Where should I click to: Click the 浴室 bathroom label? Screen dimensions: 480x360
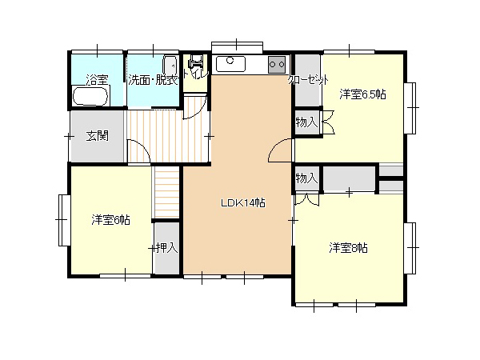tap(97, 80)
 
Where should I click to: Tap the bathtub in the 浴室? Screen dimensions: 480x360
tap(90, 96)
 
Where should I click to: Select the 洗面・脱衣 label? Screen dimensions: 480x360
tap(153, 80)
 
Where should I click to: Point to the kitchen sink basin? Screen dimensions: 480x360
tap(230, 64)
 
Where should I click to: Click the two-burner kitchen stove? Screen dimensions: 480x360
tap(277, 65)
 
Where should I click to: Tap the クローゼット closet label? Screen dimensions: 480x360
tap(308, 80)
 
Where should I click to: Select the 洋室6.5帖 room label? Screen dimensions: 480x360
tap(362, 94)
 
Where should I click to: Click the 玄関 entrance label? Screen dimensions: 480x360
tap(97, 136)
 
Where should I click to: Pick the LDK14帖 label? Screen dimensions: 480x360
tap(242, 203)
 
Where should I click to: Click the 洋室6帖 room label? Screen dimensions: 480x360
tap(110, 220)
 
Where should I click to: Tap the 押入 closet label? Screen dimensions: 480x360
tap(167, 248)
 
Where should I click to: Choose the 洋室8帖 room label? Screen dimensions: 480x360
tap(348, 248)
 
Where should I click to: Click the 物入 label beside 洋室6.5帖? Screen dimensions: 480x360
tap(306, 122)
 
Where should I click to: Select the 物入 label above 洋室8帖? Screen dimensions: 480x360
tap(306, 178)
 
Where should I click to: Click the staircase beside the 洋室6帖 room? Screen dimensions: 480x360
tap(166, 193)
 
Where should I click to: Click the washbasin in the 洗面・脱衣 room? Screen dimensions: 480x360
tap(170, 65)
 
